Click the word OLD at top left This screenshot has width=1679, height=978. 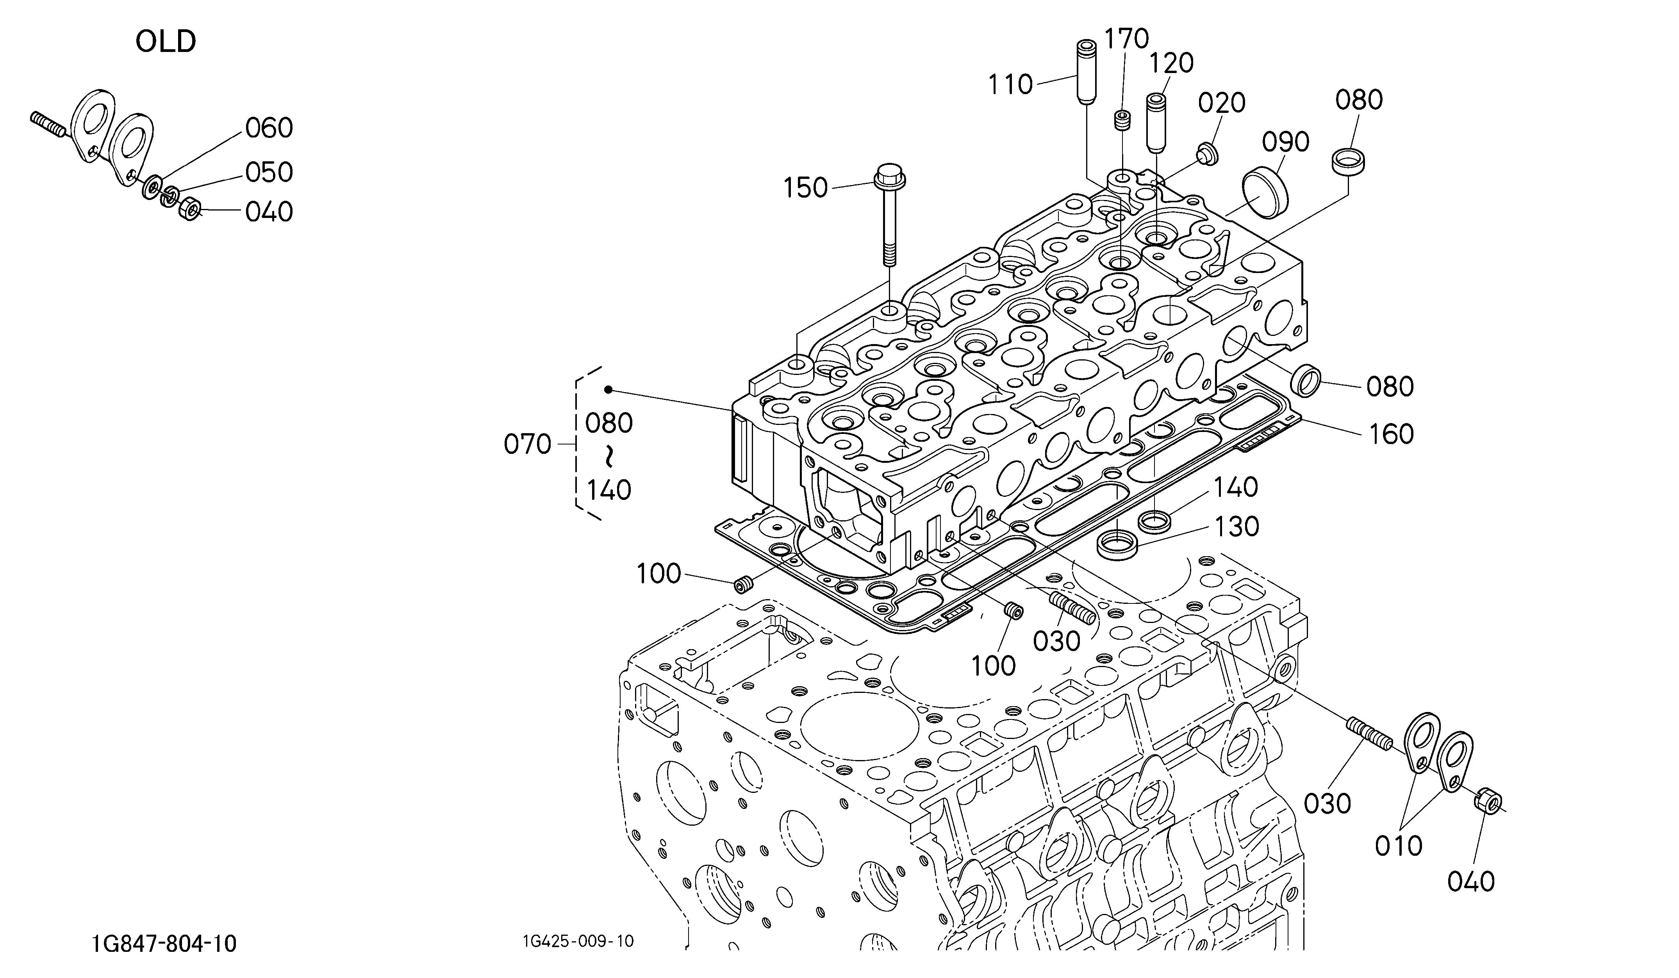tap(166, 41)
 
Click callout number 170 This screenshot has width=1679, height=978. tap(1127, 39)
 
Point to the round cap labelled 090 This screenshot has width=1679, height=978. tap(1266, 193)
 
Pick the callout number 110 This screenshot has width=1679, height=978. tap(1010, 85)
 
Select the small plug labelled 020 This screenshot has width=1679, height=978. tap(1206, 153)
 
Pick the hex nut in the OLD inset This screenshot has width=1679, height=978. tap(190, 209)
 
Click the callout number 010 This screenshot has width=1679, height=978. tap(1399, 846)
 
